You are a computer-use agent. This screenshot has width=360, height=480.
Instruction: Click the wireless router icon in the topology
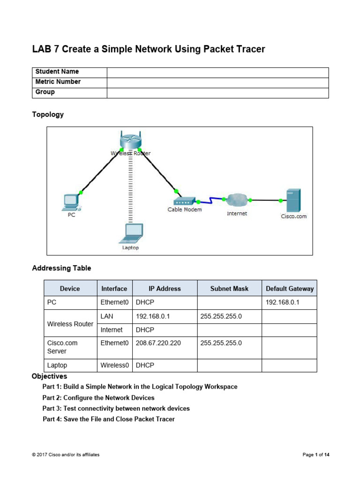click(130, 140)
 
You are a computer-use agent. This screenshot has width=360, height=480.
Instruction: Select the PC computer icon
click(71, 202)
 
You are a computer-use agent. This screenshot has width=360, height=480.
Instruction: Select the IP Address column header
click(165, 288)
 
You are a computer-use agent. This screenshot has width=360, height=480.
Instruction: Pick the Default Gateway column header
click(289, 288)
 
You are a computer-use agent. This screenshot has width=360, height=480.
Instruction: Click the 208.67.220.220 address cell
click(158, 343)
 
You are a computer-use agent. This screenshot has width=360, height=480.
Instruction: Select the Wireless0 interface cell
click(113, 365)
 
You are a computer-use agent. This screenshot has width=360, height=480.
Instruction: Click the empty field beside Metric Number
click(217, 82)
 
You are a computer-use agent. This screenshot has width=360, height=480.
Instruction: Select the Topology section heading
click(48, 114)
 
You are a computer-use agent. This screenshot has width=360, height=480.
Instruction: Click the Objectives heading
click(49, 376)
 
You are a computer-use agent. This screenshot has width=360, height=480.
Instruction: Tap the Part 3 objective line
click(116, 408)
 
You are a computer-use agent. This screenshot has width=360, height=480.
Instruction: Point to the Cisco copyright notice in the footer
click(66, 455)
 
